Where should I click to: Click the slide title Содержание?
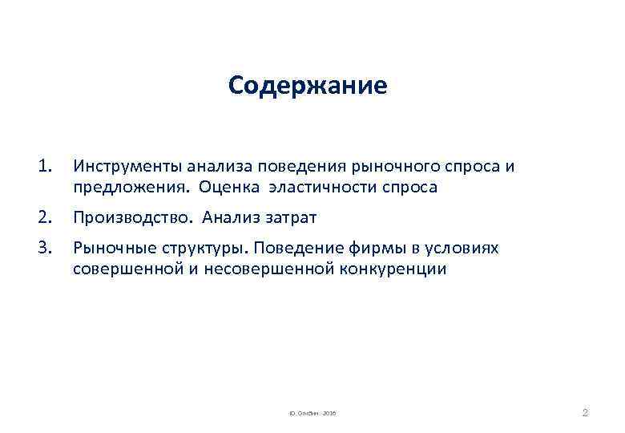tap(307, 86)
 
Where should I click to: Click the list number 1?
tap(44, 167)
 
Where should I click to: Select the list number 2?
tap(44, 216)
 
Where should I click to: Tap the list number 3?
tap(44, 249)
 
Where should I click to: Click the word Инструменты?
tap(127, 167)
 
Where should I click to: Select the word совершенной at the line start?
tap(122, 269)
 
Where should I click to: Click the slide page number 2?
tap(584, 413)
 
